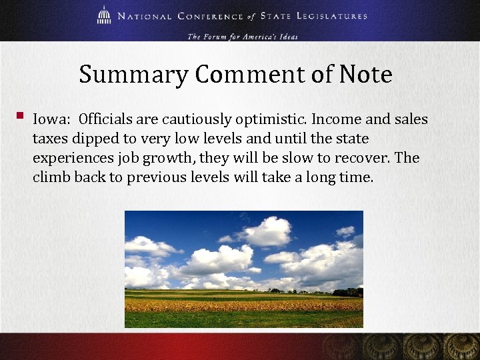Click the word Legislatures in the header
tap(334, 16)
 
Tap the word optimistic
tap(265, 121)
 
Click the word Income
tap(335, 120)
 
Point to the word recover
tap(365, 159)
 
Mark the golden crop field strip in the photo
tap(244, 305)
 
